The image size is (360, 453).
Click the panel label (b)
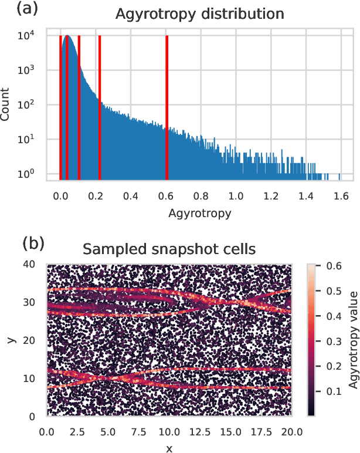(33, 242)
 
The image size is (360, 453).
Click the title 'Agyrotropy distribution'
(199, 13)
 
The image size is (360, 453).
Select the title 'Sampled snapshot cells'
(169, 249)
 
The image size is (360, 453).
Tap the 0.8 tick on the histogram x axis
(201, 195)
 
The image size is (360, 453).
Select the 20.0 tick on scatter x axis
(291, 431)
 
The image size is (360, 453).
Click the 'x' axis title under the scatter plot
(169, 447)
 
